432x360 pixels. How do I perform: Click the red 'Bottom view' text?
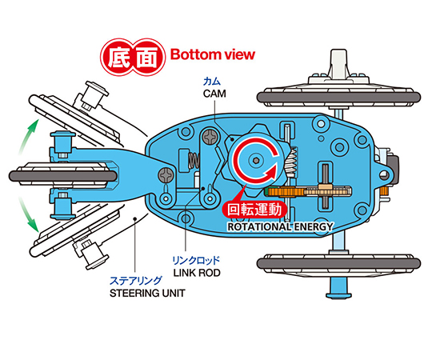(213, 54)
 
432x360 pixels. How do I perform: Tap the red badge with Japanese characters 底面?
(133, 58)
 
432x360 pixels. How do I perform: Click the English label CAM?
(214, 94)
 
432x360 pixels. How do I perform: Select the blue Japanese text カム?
(212, 82)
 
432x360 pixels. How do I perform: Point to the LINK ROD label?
(197, 273)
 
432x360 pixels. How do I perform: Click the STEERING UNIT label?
(147, 293)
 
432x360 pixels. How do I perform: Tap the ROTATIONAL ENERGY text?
(280, 226)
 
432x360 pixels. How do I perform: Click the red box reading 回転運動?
(254, 210)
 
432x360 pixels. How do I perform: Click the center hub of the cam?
(256, 160)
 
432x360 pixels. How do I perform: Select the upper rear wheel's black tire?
(338, 98)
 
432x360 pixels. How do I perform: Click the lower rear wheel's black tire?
(338, 263)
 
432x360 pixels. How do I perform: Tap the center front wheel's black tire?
(63, 176)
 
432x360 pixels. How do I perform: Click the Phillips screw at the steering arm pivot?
(166, 175)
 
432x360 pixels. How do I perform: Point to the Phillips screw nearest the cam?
(210, 137)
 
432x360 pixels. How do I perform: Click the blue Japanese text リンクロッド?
(196, 260)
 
